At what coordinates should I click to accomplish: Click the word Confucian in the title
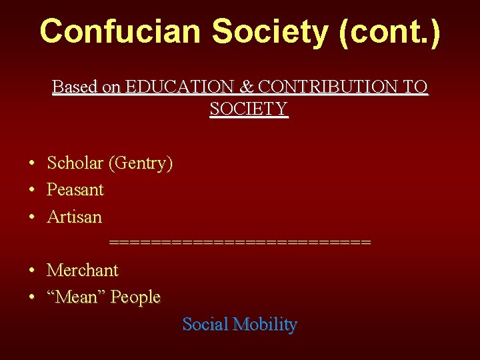click(x=120, y=31)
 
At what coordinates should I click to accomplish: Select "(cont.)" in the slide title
click(x=390, y=31)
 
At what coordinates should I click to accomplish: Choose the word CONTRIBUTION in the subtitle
click(x=325, y=87)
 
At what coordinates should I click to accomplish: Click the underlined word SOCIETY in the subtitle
click(x=248, y=109)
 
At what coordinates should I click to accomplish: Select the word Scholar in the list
click(x=75, y=163)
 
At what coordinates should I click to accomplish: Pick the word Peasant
click(x=75, y=190)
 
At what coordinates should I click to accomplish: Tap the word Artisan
click(x=74, y=217)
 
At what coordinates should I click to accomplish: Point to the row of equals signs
click(x=239, y=242)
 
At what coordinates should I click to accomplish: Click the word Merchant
click(x=82, y=270)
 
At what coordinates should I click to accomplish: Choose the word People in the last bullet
click(x=135, y=297)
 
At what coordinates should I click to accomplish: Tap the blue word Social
click(x=205, y=325)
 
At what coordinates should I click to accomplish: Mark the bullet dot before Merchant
click(x=32, y=271)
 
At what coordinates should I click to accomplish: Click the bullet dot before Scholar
click(x=32, y=163)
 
